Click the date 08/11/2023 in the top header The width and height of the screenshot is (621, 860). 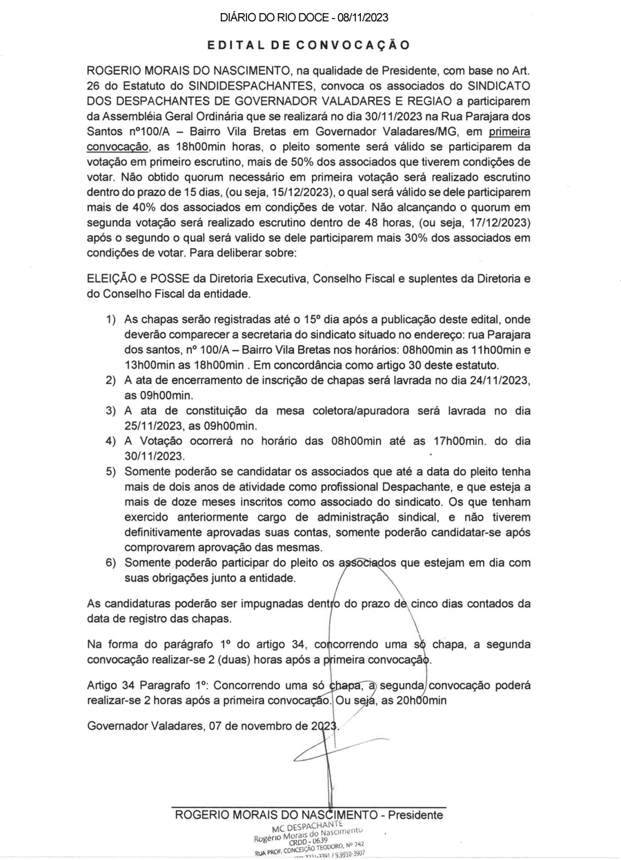(x=371, y=17)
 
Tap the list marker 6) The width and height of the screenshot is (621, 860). (x=110, y=561)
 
